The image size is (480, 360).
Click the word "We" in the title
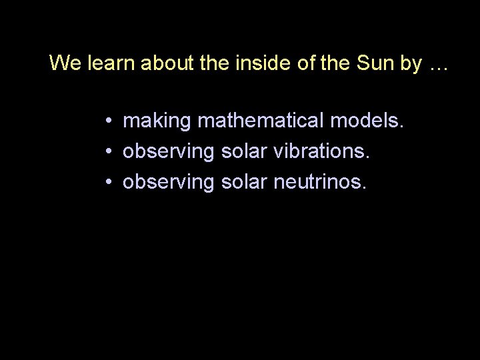64,63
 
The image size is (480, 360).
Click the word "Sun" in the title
376,63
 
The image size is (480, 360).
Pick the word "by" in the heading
412,64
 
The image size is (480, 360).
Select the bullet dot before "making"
107,121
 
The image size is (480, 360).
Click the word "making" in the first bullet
157,121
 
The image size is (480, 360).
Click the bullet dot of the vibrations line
107,152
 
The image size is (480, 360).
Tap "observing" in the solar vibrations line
169,152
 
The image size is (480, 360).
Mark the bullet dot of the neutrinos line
107,182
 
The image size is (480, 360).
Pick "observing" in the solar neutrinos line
169,182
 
